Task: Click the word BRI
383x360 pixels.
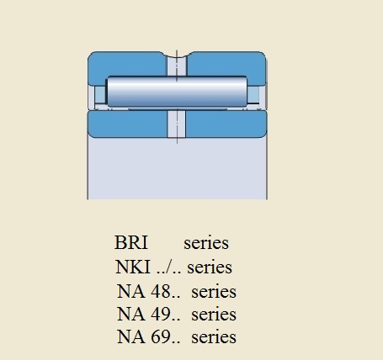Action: (131, 242)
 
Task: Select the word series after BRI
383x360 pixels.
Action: (206, 243)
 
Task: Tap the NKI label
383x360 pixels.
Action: (132, 267)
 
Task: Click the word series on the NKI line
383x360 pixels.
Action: (210, 267)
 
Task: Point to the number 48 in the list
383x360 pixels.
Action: (161, 291)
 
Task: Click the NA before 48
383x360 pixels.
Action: (131, 291)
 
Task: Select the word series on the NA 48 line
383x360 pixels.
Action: (214, 292)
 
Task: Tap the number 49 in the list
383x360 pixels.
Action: (161, 314)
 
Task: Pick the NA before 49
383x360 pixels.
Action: (131, 314)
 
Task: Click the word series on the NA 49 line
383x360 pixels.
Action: (214, 315)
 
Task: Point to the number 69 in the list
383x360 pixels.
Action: (161, 336)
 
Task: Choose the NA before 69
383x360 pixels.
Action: (131, 336)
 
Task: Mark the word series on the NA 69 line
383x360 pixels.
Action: (214, 337)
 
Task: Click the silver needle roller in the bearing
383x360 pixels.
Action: (177, 92)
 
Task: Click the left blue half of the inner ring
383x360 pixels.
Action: (128, 124)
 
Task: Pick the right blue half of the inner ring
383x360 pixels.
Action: (226, 124)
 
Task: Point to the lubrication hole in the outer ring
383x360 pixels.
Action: (177, 66)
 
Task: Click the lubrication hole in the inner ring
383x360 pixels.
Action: (177, 124)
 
